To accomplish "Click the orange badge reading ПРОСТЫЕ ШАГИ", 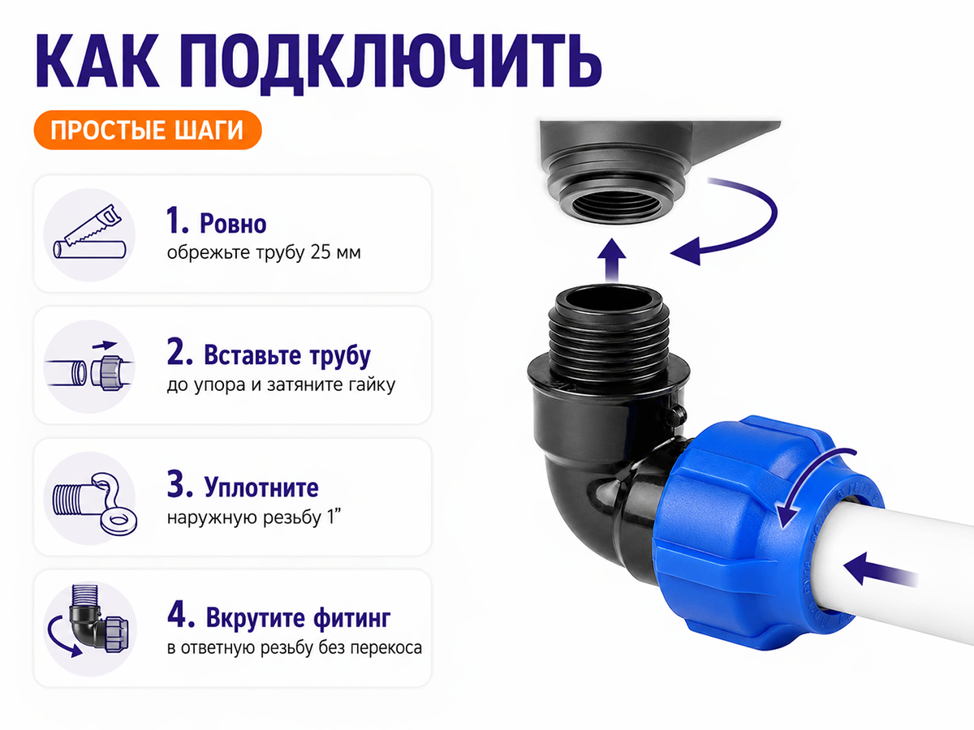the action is click(x=148, y=130).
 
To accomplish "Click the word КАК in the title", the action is click(x=97, y=60).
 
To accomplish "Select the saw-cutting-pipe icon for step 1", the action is click(x=89, y=234).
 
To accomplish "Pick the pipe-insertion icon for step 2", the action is click(x=89, y=367).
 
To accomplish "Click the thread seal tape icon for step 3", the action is click(x=90, y=498).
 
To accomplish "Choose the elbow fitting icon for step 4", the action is click(x=90, y=629).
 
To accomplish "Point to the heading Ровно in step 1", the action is click(x=233, y=223).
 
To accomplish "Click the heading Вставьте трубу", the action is click(x=287, y=355).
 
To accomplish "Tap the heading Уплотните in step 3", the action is click(x=261, y=487).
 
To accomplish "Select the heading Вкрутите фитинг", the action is click(x=298, y=618).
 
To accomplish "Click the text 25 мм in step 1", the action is click(x=335, y=252).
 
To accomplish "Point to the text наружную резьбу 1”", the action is click(x=254, y=517).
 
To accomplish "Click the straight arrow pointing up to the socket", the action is click(x=612, y=260).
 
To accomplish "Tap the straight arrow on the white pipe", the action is click(x=881, y=570).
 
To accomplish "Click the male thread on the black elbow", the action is click(x=610, y=346).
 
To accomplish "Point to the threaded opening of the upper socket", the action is click(x=615, y=205).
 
